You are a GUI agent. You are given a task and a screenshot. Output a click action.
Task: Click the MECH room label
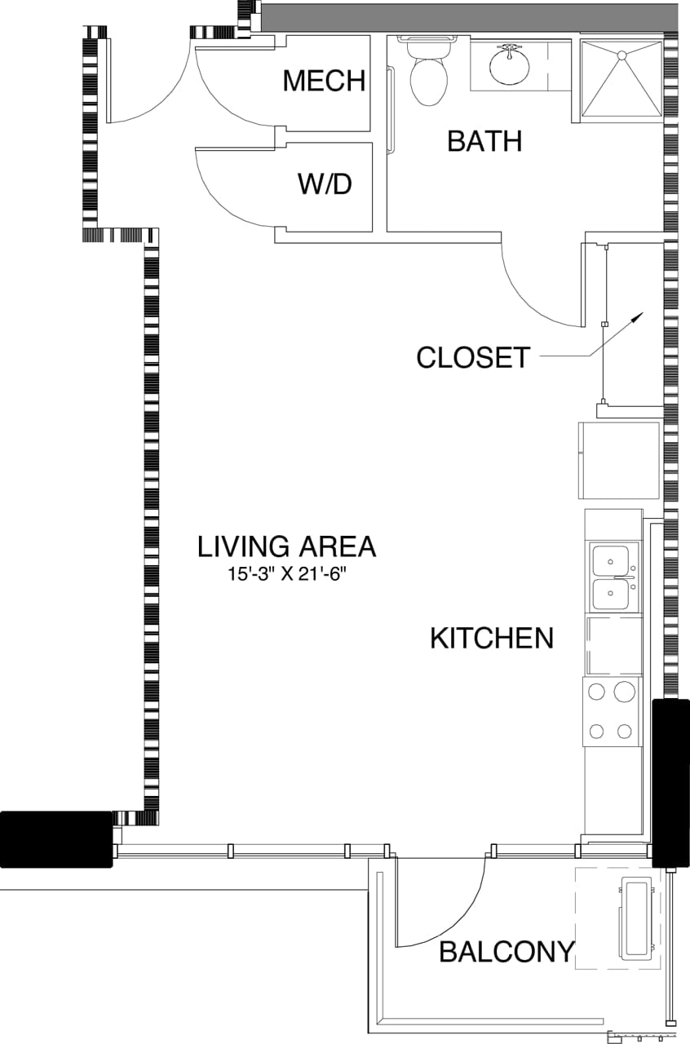[x=323, y=81]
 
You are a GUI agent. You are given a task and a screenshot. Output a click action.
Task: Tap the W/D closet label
[x=324, y=184]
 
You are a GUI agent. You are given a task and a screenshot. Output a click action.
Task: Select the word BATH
[x=484, y=141]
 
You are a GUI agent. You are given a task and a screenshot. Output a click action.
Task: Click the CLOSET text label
[x=473, y=357]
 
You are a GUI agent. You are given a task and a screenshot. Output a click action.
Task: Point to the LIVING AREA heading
[x=287, y=546]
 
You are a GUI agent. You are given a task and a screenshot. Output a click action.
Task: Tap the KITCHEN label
[x=492, y=638]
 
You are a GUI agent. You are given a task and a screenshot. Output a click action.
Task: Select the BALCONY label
[x=506, y=952]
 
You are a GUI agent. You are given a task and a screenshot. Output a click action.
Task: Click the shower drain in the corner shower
[x=621, y=55]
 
